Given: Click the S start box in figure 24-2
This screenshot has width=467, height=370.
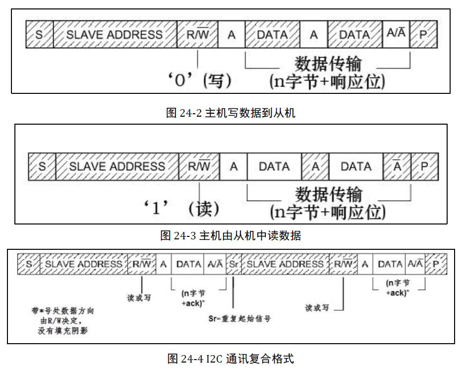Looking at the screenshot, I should pyautogui.click(x=39, y=34).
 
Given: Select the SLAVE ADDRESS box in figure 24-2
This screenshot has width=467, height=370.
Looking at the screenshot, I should pyautogui.click(x=115, y=34).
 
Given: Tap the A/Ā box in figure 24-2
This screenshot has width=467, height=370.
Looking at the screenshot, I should pyautogui.click(x=395, y=34).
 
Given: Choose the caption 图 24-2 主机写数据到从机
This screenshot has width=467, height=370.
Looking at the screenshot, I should pyautogui.click(x=231, y=113).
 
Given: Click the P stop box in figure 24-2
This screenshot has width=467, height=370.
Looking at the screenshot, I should pyautogui.click(x=423, y=34).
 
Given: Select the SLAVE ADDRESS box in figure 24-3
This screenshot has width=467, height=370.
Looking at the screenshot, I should pyautogui.click(x=117, y=166).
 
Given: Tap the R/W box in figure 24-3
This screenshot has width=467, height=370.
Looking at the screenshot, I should pyautogui.click(x=199, y=166).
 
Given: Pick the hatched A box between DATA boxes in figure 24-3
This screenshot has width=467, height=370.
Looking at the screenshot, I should pyautogui.click(x=315, y=166).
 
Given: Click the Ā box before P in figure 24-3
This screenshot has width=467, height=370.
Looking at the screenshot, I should pyautogui.click(x=397, y=166).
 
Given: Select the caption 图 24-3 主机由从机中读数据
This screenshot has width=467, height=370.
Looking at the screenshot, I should pyautogui.click(x=231, y=235).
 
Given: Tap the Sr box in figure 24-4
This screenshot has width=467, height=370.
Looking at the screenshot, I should pyautogui.click(x=233, y=264).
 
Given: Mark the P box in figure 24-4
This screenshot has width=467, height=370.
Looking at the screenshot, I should pyautogui.click(x=436, y=264).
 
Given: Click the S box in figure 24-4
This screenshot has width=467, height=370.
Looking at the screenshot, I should pyautogui.click(x=29, y=264).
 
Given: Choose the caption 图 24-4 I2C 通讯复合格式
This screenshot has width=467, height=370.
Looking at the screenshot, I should pyautogui.click(x=231, y=358).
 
